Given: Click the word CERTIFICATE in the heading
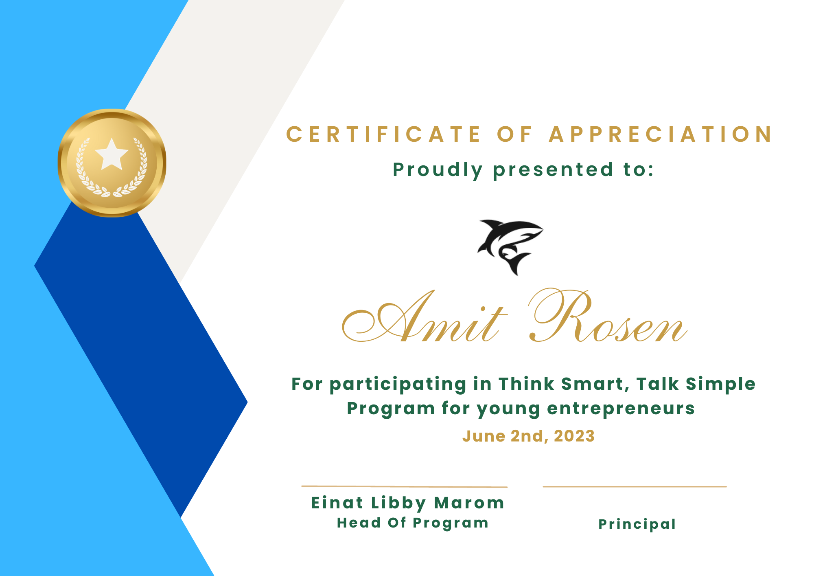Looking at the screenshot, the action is (x=384, y=134).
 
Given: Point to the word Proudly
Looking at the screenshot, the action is (x=438, y=170).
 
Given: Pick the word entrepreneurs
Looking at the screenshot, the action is (x=621, y=409).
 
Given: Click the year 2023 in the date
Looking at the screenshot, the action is (x=574, y=436).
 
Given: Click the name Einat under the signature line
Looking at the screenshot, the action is (x=337, y=503).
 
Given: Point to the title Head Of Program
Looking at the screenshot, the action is (x=413, y=523).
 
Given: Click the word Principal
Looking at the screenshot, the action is (x=637, y=524).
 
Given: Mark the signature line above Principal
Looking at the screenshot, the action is (x=635, y=486).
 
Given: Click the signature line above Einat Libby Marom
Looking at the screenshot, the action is (x=404, y=486).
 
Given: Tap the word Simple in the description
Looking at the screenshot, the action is (x=720, y=384).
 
